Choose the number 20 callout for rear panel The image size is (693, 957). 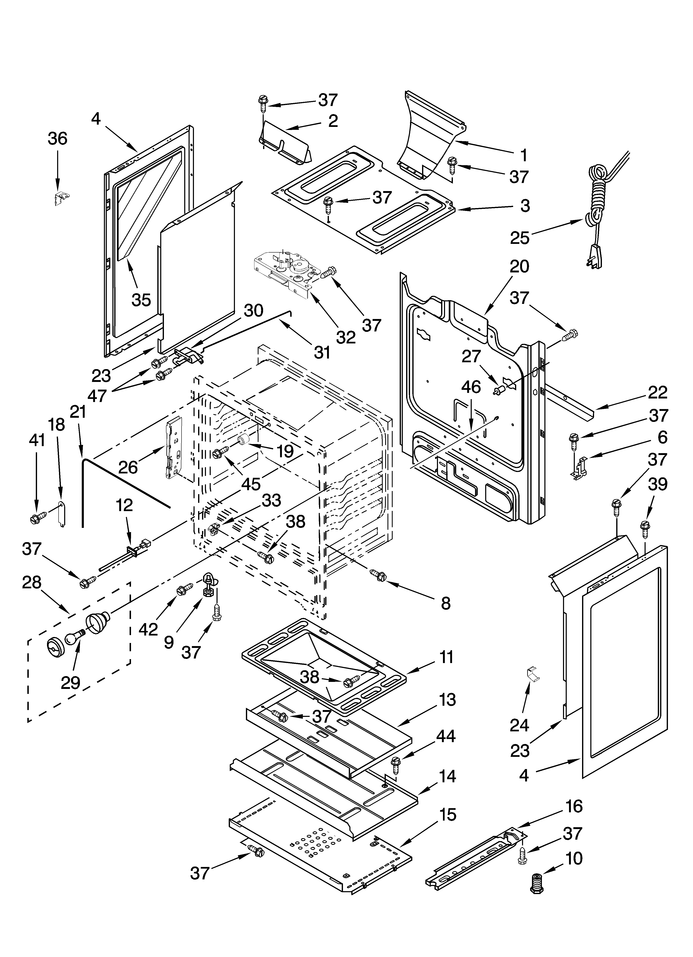(519, 267)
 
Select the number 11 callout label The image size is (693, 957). (446, 657)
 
